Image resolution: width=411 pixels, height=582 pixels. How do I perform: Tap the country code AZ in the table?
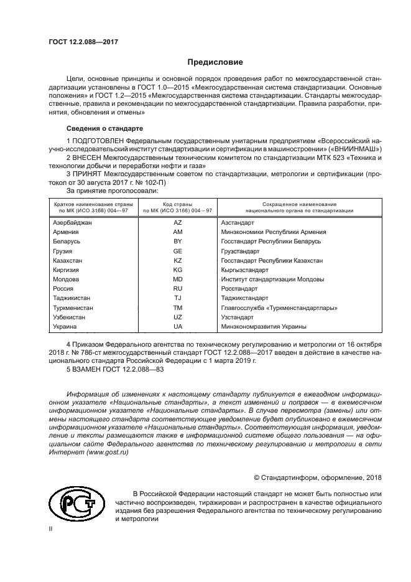(177, 222)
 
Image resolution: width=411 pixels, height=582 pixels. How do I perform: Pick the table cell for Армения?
(65, 232)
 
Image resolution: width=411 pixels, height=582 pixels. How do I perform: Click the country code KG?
(177, 270)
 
